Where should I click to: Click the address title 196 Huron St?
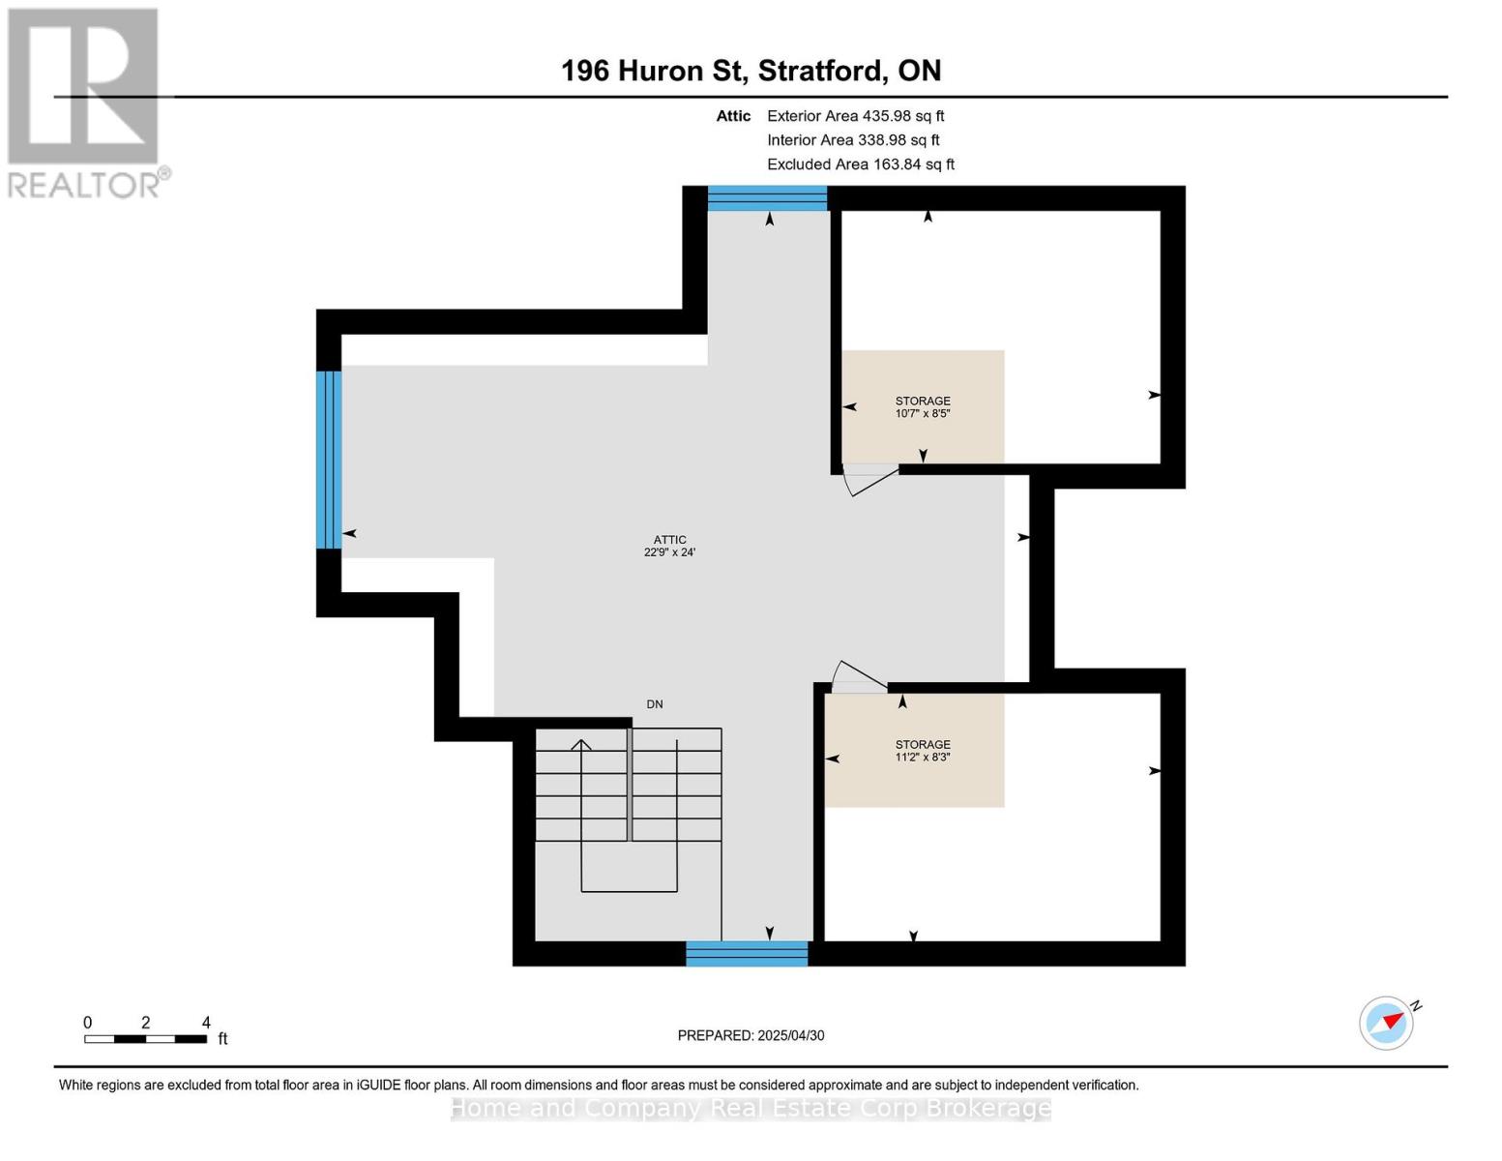(653, 71)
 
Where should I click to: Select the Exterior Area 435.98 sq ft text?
(855, 116)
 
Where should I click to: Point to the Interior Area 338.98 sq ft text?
(853, 140)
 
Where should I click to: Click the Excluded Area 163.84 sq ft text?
(861, 164)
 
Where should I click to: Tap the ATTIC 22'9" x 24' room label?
(669, 546)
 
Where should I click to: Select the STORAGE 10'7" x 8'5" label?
(922, 406)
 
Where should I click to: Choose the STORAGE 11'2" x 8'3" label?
(922, 750)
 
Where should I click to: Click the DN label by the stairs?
(654, 704)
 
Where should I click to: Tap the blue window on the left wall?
(329, 460)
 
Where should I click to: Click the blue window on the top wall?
(767, 198)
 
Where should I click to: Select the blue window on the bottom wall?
(747, 954)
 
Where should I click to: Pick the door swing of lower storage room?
(861, 674)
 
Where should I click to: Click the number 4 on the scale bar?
(206, 1022)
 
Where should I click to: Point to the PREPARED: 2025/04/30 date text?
(751, 1035)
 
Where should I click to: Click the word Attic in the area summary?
(733, 116)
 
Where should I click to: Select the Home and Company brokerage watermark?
(751, 1109)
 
